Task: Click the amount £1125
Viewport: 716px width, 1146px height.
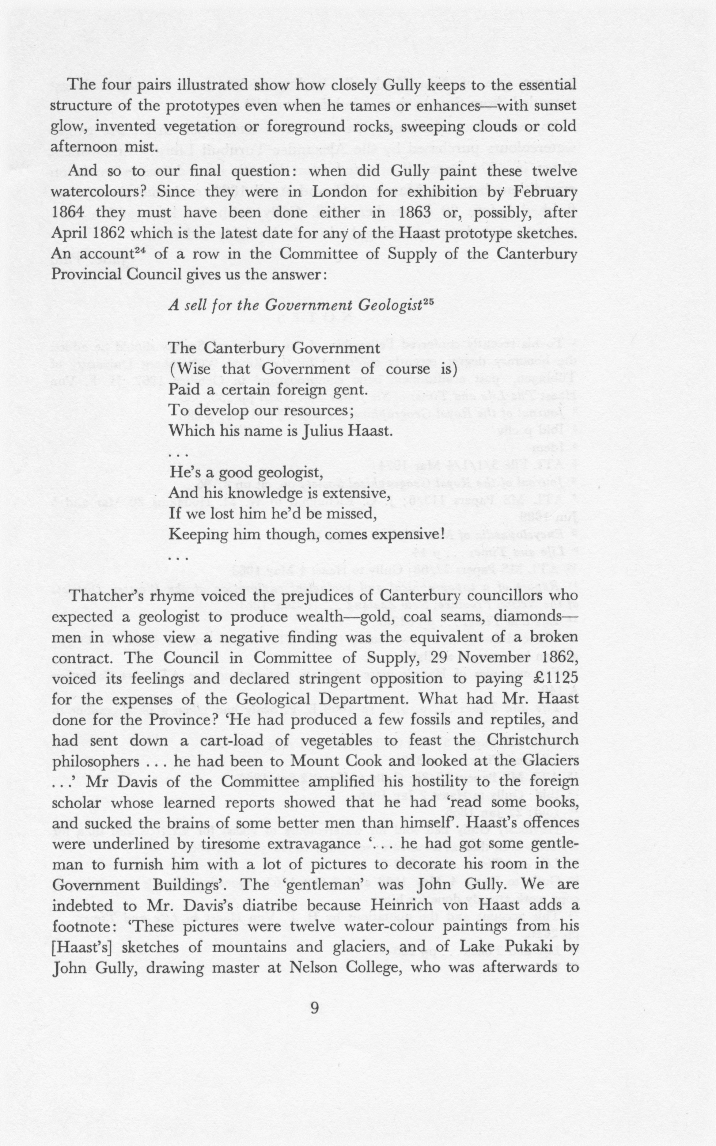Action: tap(553, 679)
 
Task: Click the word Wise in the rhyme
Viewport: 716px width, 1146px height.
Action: tap(194, 369)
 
